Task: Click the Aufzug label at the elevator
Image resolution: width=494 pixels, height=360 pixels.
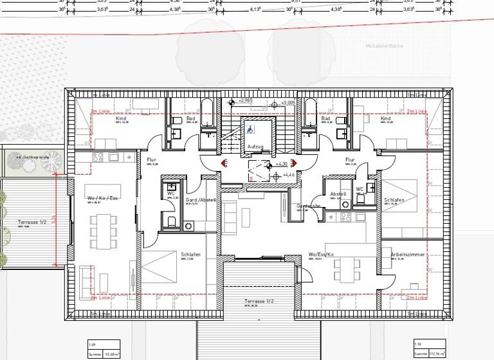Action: pyautogui.click(x=255, y=147)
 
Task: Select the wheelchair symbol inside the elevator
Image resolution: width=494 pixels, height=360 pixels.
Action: pyautogui.click(x=250, y=127)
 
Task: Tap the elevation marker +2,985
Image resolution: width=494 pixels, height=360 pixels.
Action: pyautogui.click(x=248, y=101)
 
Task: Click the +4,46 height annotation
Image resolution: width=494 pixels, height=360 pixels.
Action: pyautogui.click(x=289, y=174)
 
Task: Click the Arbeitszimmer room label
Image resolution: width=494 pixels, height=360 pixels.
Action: pyautogui.click(x=408, y=255)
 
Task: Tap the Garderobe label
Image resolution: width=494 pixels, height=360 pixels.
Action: pyautogui.click(x=308, y=206)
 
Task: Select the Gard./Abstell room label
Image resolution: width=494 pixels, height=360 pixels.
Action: pyautogui.click(x=201, y=200)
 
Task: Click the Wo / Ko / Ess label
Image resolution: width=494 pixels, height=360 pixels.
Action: pyautogui.click(x=103, y=198)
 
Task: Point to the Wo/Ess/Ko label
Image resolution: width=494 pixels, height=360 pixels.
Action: pyautogui.click(x=321, y=255)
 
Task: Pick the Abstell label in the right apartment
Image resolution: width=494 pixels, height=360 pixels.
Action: pyautogui.click(x=338, y=194)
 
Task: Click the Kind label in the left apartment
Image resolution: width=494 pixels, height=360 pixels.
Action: pyautogui.click(x=120, y=119)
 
